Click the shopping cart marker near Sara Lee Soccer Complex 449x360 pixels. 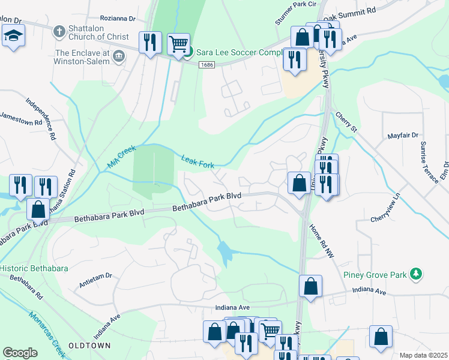[178, 43]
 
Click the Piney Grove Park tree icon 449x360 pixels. [415, 275]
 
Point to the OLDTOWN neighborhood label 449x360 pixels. [89, 346]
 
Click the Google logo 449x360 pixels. [20, 352]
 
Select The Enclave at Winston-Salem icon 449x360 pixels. [119, 56]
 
